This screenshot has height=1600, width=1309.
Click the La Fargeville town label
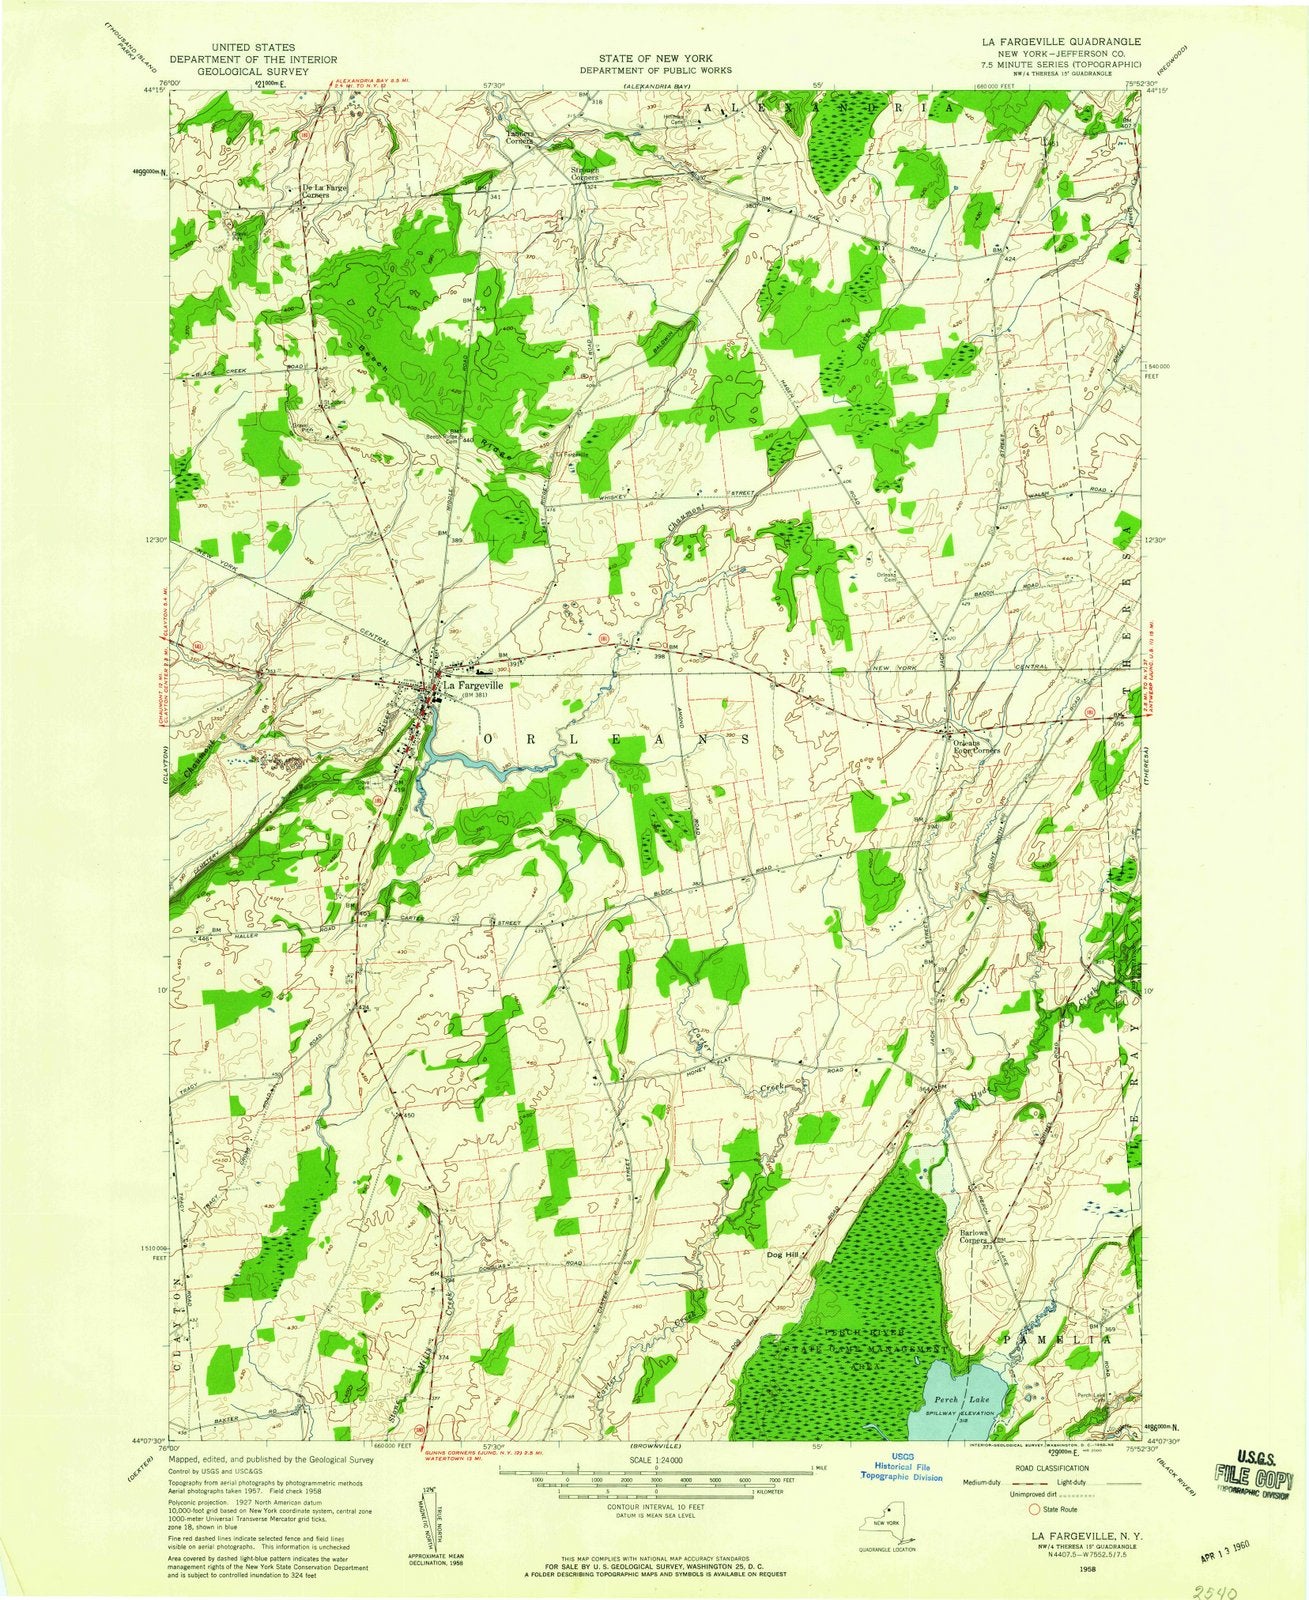click(x=473, y=686)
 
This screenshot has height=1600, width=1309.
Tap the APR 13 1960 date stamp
click(x=1230, y=1556)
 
